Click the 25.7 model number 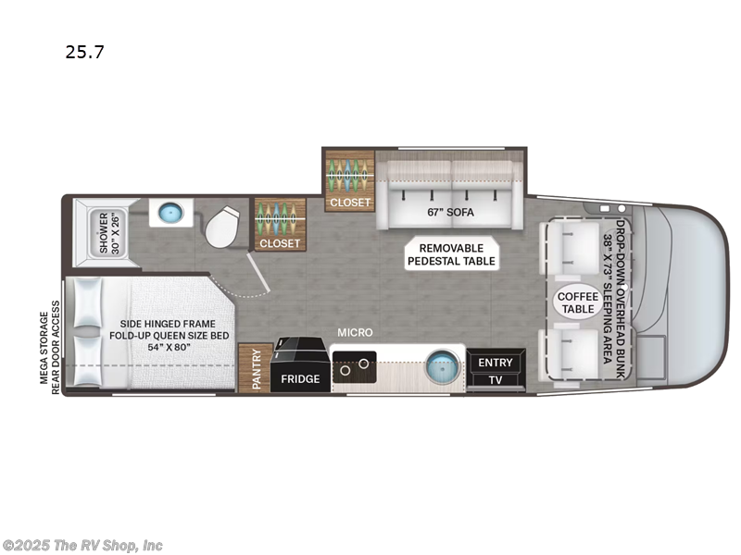point(84,52)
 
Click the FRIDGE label point(300,379)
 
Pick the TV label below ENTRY point(496,380)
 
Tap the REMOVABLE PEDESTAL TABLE point(451,254)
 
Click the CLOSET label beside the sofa point(350,202)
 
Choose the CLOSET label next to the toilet point(280,243)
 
